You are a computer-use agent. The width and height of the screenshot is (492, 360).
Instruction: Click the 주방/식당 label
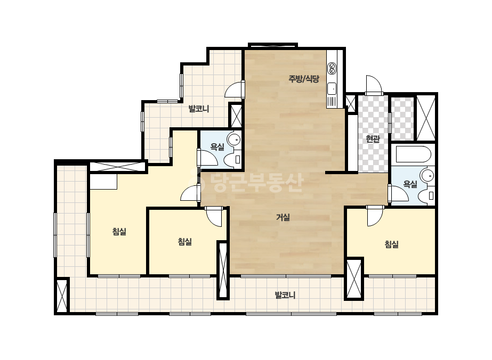[304, 79]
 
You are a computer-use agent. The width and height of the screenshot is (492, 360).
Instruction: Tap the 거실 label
[283, 217]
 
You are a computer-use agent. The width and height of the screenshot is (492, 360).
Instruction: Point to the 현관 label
[373, 138]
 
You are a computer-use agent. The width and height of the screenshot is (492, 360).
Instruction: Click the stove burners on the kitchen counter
[332, 68]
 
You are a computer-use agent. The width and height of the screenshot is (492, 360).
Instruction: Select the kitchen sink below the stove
[332, 89]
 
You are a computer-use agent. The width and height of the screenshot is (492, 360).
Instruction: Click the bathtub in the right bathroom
[413, 154]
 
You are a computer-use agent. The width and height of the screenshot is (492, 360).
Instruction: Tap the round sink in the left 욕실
[234, 139]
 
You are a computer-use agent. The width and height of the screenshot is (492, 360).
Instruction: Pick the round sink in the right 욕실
[428, 175]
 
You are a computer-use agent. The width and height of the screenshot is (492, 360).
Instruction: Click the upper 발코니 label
[199, 109]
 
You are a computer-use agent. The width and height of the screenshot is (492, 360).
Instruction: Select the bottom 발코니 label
[285, 295]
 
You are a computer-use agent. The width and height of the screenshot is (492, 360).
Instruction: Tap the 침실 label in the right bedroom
[392, 244]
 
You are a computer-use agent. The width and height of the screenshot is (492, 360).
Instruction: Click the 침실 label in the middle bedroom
[184, 241]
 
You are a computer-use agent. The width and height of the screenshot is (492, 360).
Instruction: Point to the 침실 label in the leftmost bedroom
[119, 232]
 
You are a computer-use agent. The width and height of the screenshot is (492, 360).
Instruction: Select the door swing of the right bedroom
[375, 216]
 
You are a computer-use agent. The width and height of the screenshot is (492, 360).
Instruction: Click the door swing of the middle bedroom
[214, 216]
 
